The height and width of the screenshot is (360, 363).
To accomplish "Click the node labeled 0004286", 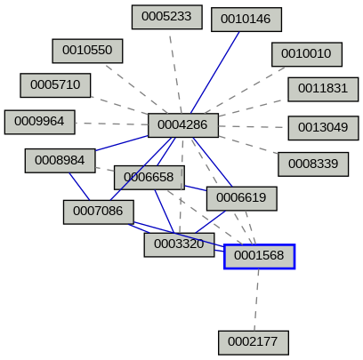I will (x=182, y=125).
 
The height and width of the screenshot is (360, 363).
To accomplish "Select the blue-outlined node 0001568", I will (x=259, y=256).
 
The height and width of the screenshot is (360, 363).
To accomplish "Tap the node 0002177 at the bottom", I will (x=253, y=341).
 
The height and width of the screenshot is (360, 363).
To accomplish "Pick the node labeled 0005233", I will (x=166, y=16).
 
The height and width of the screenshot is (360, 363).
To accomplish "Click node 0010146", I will (x=246, y=19).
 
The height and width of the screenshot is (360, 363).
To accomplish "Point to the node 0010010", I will (x=306, y=54).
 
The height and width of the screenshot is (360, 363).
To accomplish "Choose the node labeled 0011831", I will (x=323, y=89).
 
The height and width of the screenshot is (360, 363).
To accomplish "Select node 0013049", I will (x=323, y=127).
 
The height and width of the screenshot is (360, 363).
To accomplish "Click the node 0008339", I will (x=312, y=164).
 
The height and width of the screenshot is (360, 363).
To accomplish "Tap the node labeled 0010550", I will (x=87, y=50).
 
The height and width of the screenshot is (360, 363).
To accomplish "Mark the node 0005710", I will (x=55, y=85).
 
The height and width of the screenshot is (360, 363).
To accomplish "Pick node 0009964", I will (x=40, y=121).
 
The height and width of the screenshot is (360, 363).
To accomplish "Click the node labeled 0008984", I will (x=60, y=160).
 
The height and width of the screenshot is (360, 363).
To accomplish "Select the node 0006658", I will (x=149, y=177).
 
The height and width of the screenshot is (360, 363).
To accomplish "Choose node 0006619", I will (x=241, y=197).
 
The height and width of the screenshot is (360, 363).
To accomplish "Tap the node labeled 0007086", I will (x=98, y=212).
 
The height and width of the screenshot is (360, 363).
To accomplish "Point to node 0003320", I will (x=179, y=244).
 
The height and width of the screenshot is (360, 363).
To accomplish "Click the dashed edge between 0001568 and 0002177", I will (x=256, y=299).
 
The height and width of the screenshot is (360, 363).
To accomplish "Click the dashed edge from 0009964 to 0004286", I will (x=111, y=123).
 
